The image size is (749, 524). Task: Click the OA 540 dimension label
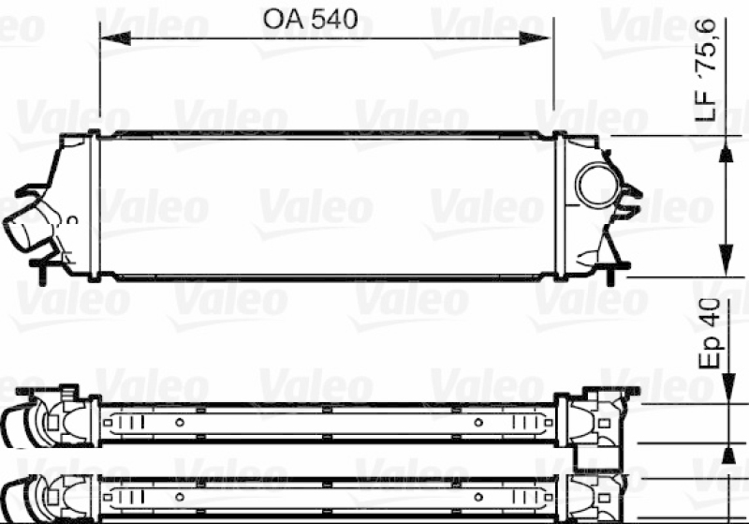[x=310, y=19]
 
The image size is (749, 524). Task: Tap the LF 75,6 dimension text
[x=706, y=69]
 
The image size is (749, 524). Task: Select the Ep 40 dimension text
[x=710, y=333]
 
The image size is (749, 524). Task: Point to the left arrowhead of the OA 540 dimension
[x=115, y=38]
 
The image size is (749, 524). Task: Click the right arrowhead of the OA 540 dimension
[x=535, y=38]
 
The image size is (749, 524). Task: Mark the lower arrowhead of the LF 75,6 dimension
[x=727, y=260]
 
